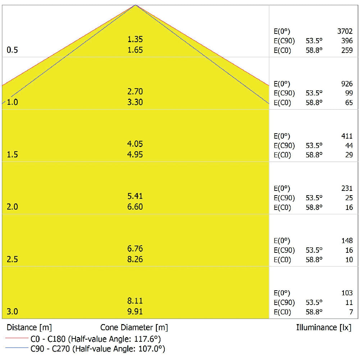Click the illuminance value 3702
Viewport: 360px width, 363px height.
(x=345, y=31)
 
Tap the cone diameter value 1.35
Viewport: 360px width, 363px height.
(x=135, y=39)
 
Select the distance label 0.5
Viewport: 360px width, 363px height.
(x=12, y=50)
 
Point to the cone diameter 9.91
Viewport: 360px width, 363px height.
(x=135, y=312)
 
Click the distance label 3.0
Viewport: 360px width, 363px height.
(x=12, y=312)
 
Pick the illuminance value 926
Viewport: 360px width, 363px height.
(x=347, y=84)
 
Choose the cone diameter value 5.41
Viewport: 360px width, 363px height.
(x=135, y=196)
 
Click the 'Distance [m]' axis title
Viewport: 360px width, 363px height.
(x=29, y=328)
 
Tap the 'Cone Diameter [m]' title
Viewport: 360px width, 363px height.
(x=134, y=328)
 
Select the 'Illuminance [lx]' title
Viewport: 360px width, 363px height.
(x=324, y=328)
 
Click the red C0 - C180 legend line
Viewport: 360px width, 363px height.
(x=17, y=339)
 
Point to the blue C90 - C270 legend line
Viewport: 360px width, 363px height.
(x=17, y=348)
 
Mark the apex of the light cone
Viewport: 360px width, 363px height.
(x=136, y=5)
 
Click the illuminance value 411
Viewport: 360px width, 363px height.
(x=347, y=136)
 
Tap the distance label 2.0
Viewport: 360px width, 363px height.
(x=12, y=207)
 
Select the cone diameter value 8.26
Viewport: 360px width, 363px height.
(x=135, y=259)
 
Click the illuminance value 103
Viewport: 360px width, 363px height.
(x=347, y=293)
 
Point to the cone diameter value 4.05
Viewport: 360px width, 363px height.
(x=135, y=144)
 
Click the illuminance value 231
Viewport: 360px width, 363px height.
(x=347, y=188)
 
